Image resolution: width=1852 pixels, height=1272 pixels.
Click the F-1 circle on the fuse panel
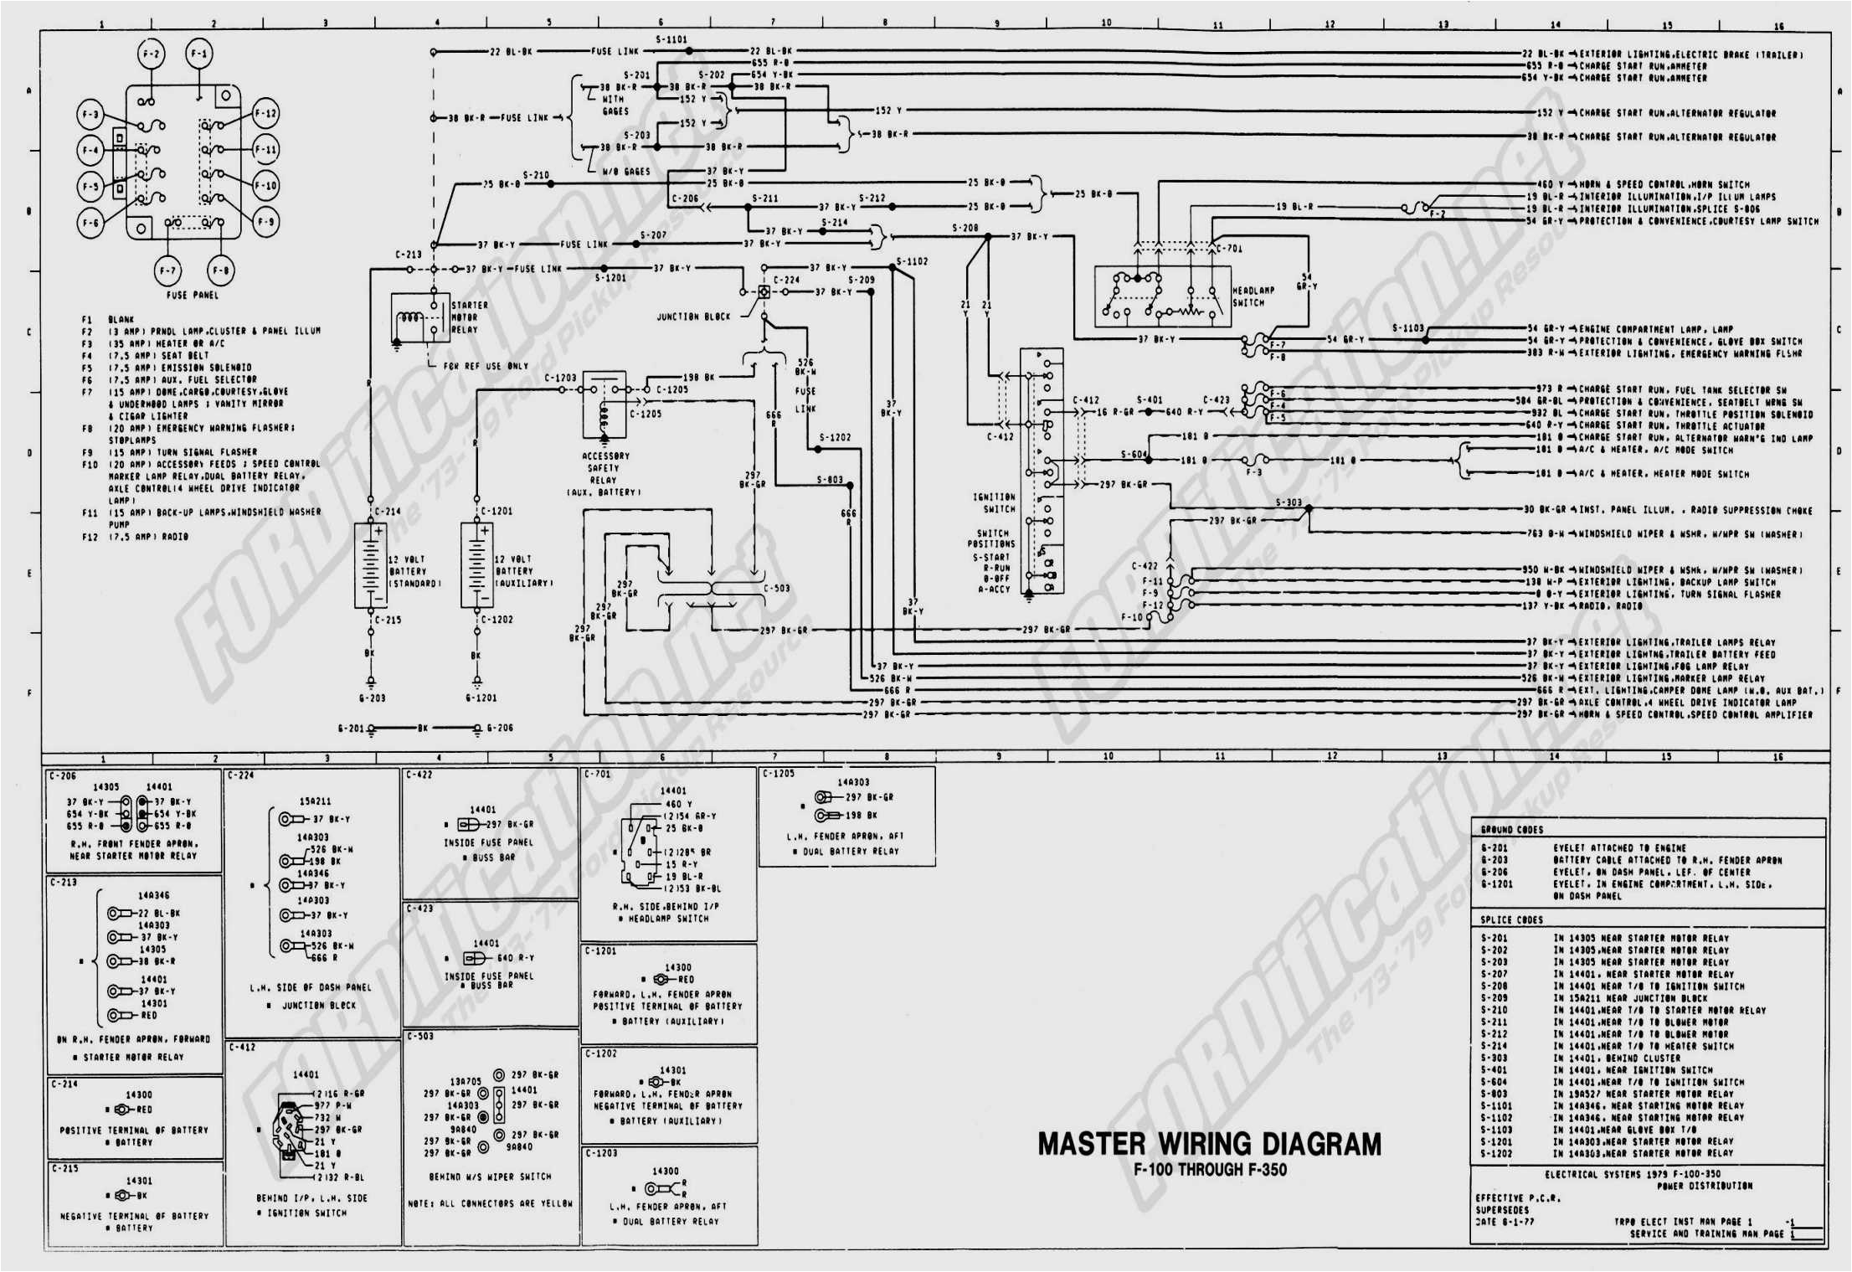(198, 54)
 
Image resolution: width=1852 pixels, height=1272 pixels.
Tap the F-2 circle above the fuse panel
(151, 54)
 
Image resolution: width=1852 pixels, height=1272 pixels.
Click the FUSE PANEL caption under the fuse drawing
(193, 295)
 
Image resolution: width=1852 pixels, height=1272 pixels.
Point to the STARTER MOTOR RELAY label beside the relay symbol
(469, 317)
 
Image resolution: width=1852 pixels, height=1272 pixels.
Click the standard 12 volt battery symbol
(369, 564)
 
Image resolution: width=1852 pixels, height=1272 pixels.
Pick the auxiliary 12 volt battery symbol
(476, 564)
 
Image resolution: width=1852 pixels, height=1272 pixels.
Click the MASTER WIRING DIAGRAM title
(1209, 1144)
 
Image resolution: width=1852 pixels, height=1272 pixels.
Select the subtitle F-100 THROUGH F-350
(1210, 1170)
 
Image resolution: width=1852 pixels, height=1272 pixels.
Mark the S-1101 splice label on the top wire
(671, 39)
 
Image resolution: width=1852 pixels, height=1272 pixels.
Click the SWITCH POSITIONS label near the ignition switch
(992, 538)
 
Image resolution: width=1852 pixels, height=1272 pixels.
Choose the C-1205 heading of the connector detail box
(779, 774)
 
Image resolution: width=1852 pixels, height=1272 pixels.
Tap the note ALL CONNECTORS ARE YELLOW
(491, 1203)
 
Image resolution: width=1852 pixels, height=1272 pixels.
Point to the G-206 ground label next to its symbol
(500, 728)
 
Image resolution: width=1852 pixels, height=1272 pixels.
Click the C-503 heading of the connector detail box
(420, 1036)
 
